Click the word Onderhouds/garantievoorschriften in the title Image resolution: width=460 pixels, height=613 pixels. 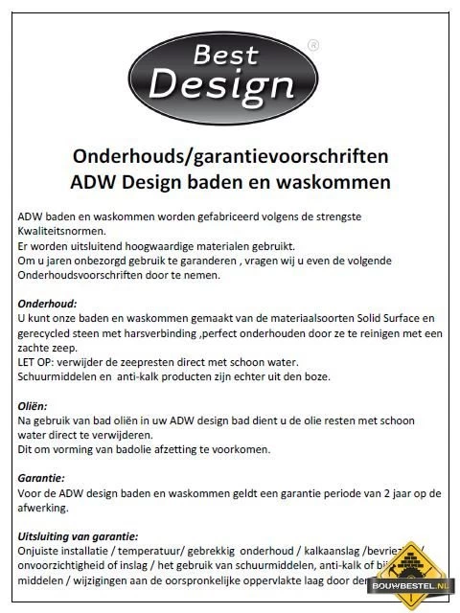tap(229, 154)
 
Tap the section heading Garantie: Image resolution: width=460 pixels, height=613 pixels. tap(42, 476)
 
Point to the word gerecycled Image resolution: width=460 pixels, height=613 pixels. tap(47, 331)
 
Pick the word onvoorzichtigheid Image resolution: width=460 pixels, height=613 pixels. tap(66, 567)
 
